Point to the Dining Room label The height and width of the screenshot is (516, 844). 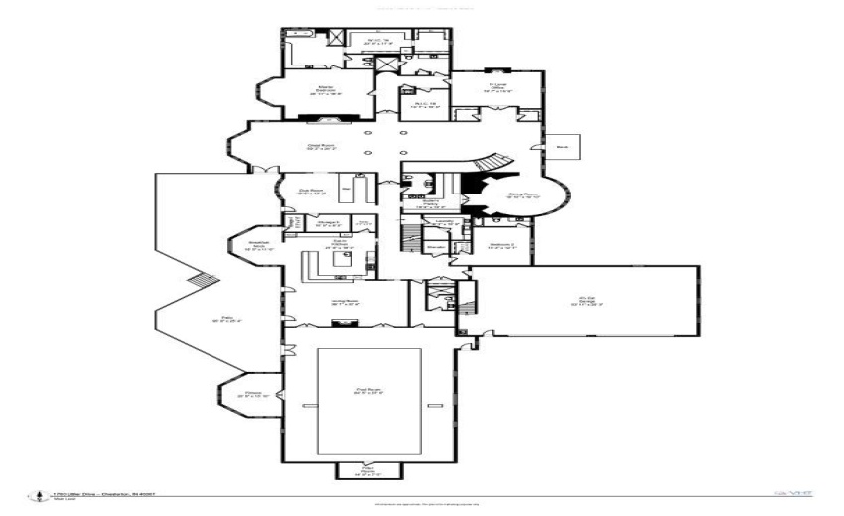523,196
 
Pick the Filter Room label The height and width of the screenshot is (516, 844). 368,469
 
